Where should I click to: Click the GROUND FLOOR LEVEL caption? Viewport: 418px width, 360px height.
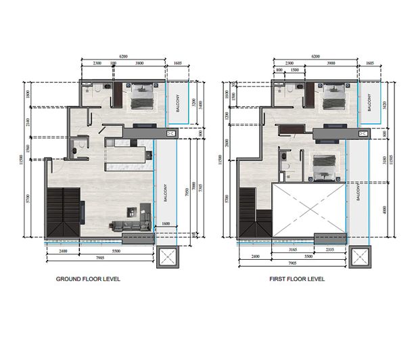[88, 279]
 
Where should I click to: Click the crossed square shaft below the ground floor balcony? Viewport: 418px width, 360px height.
[166, 258]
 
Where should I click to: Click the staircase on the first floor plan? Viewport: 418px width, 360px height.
[248, 210]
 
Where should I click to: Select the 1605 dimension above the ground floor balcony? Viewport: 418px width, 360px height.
[178, 62]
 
